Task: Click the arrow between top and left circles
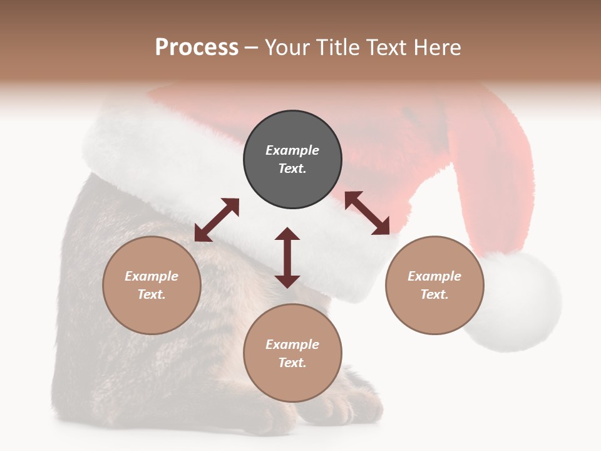217,220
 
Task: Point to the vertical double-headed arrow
287,257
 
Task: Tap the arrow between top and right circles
367,213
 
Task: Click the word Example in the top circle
292,150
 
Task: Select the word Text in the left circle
152,294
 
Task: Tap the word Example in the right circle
434,276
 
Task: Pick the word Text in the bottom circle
292,363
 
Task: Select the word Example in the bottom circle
292,345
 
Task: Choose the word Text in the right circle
434,294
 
